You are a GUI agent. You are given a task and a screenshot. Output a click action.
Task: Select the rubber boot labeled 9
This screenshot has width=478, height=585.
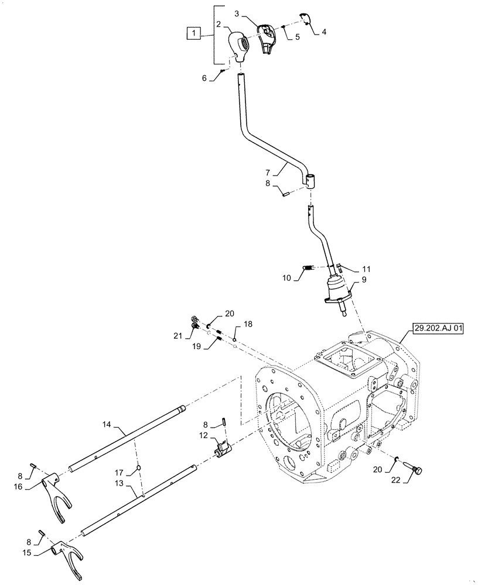click(336, 291)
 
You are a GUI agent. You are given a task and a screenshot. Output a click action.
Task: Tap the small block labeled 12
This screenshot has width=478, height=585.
click(223, 450)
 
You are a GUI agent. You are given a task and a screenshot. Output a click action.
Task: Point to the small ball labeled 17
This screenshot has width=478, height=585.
click(138, 467)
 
